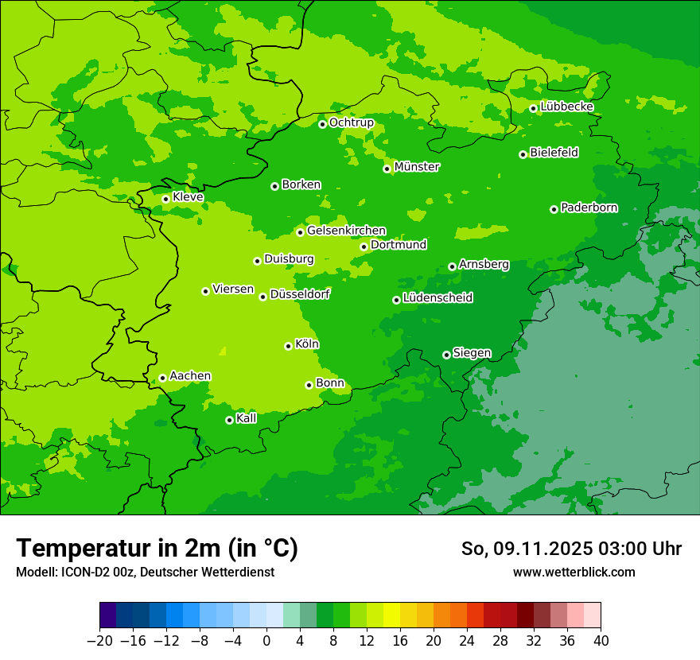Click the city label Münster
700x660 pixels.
coord(417,167)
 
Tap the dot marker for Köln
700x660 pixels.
coord(288,346)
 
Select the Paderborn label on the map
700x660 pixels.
coord(589,208)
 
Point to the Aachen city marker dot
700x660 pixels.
coord(162,378)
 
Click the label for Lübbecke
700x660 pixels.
coord(566,107)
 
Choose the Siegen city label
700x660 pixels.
coord(472,353)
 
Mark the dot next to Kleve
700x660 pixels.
coord(165,199)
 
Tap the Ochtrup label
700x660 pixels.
coord(351,122)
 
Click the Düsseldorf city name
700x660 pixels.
coord(299,294)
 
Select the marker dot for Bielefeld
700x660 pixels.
coord(523,154)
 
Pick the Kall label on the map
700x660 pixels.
coord(246,418)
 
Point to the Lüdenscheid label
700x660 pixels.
coord(437,298)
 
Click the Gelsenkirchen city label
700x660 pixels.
coord(346,231)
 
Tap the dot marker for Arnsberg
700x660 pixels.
coord(452,266)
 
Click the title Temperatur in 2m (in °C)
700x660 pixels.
coord(157,549)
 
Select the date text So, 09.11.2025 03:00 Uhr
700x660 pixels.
coord(571,549)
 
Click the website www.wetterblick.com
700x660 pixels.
coord(574,572)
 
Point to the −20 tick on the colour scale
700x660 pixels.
coord(99,641)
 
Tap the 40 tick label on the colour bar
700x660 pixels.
coord(601,641)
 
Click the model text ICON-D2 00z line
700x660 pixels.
coord(145,572)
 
